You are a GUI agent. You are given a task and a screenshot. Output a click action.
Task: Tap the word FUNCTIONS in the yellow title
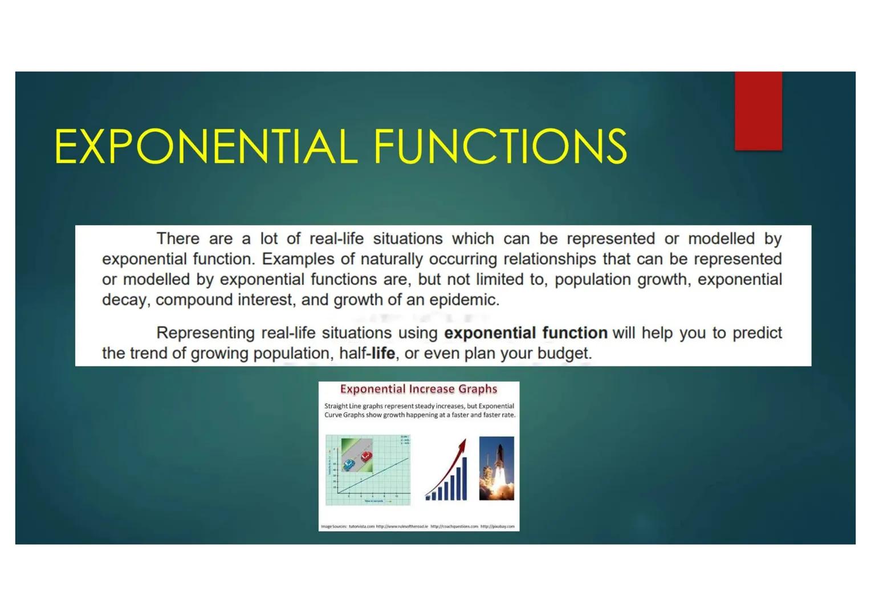[500, 147]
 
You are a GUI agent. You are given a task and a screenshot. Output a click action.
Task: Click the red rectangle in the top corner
[758, 111]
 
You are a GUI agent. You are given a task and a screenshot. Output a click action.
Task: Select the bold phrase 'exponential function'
[526, 333]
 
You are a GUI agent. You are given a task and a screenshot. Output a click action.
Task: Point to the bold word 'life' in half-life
[383, 354]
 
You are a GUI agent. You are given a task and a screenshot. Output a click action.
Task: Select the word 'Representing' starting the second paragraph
[205, 333]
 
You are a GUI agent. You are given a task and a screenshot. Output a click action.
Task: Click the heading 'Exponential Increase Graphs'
[418, 389]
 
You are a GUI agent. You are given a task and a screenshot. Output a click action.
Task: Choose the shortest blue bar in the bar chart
[428, 497]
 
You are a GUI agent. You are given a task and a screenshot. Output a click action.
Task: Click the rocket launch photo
[496, 468]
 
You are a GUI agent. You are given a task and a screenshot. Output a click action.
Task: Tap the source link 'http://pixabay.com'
[497, 526]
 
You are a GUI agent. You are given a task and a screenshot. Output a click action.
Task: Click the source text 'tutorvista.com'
[361, 526]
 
